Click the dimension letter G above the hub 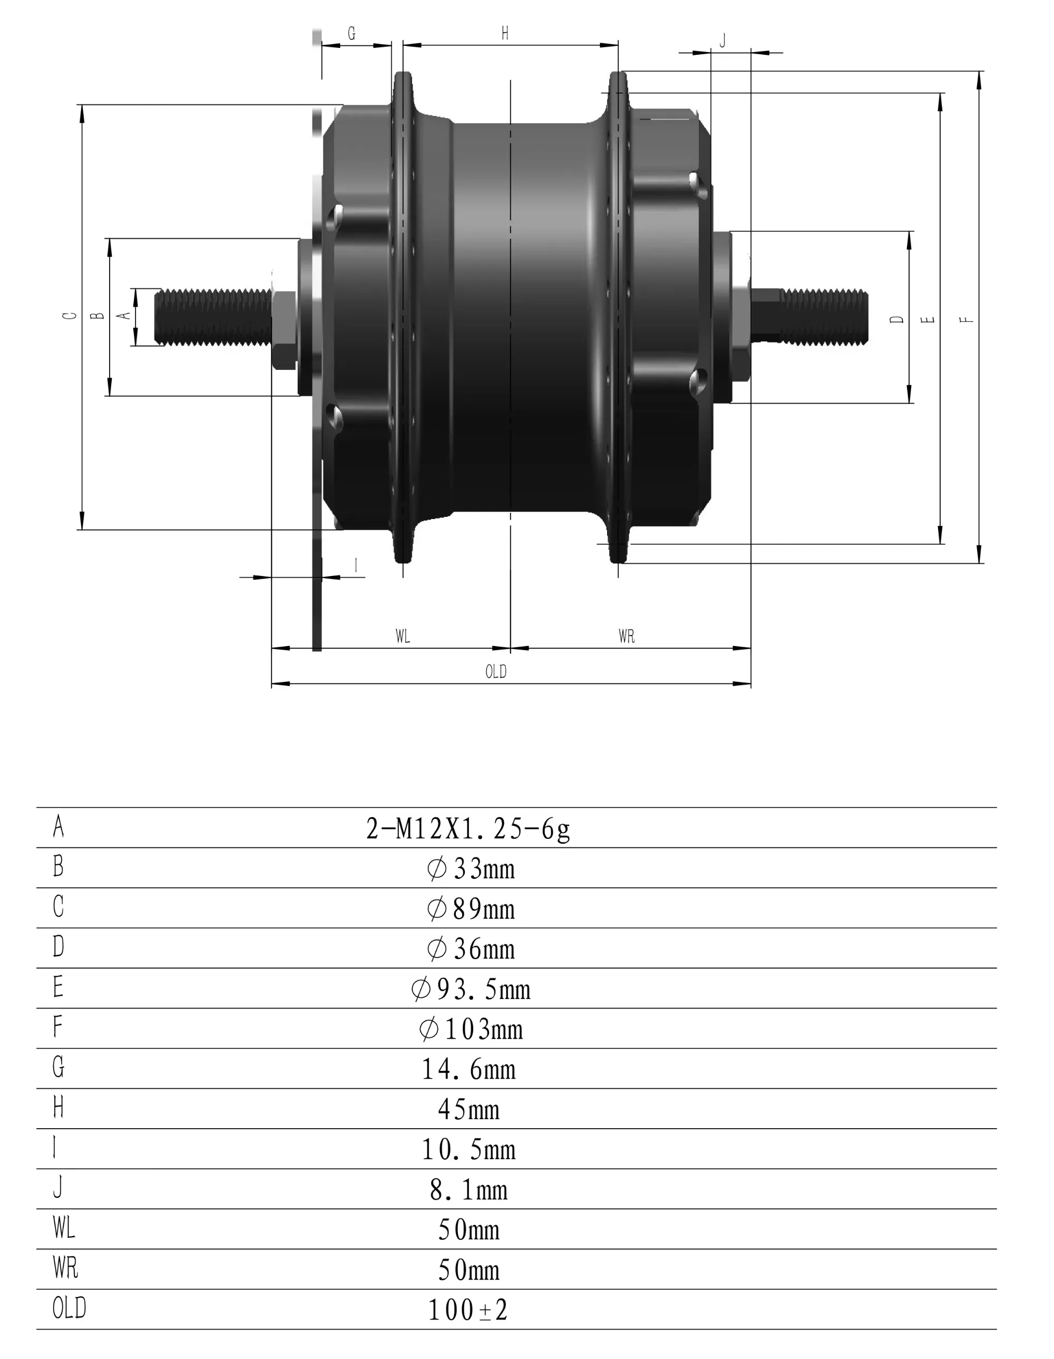tap(352, 34)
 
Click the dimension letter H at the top tap(505, 33)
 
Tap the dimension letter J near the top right tap(723, 41)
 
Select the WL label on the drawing tap(403, 636)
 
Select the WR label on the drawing tap(627, 636)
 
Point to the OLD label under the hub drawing tap(496, 672)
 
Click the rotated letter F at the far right tap(965, 319)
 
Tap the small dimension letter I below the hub tap(355, 565)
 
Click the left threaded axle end tap(211, 317)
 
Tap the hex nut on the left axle tap(283, 330)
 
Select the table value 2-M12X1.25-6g tap(468, 829)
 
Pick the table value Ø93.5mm tap(471, 989)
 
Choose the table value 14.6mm tap(469, 1069)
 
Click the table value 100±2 tap(468, 1310)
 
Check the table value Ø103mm tap(471, 1029)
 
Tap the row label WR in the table tap(65, 1268)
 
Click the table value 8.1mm tap(469, 1190)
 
